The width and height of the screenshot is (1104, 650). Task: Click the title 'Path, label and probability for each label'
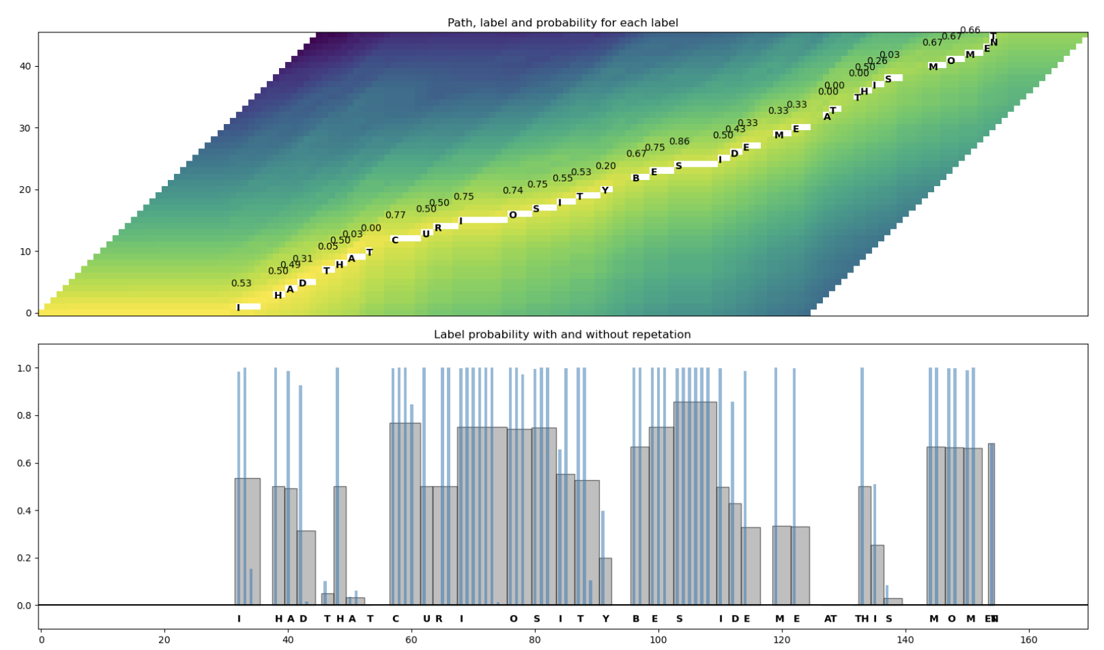tap(563, 23)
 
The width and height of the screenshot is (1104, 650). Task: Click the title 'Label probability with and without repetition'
tap(562, 334)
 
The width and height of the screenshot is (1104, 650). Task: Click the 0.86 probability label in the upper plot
tap(679, 142)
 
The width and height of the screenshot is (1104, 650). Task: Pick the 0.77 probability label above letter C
tap(396, 215)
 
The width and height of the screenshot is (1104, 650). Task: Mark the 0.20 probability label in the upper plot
tap(605, 166)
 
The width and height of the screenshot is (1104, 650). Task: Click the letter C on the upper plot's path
tap(395, 240)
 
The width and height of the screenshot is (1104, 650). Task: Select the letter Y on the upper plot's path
tap(605, 191)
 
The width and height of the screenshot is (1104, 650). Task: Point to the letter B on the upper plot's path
tap(636, 179)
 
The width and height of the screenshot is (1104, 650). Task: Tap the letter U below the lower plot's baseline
tap(427, 619)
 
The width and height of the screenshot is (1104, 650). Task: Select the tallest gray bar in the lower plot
tap(695, 503)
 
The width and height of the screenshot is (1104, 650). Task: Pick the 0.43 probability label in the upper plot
tap(735, 129)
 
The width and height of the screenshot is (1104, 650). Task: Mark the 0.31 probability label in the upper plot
tap(303, 259)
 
